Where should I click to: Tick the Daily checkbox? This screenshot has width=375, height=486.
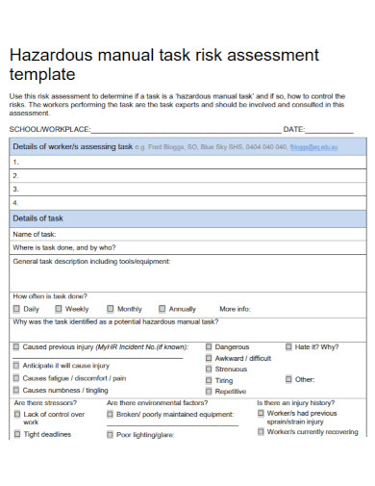[16, 309]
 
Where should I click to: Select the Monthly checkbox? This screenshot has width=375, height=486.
[110, 309]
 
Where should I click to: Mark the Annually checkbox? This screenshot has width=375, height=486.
[162, 309]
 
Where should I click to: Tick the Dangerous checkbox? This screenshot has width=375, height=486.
[208, 346]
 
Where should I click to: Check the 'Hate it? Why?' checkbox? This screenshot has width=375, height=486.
[287, 346]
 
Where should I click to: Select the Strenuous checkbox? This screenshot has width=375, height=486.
[208, 369]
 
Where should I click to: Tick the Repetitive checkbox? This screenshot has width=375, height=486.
[208, 391]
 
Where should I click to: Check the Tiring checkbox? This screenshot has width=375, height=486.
[208, 380]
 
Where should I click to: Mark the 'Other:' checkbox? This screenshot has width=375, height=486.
[287, 379]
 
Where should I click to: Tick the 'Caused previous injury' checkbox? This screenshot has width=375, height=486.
[16, 346]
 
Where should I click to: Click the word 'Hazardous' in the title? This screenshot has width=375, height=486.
[48, 55]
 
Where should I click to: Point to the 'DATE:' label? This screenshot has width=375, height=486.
[293, 129]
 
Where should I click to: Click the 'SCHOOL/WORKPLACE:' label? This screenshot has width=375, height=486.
[48, 129]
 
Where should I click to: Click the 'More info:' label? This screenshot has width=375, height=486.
[235, 309]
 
